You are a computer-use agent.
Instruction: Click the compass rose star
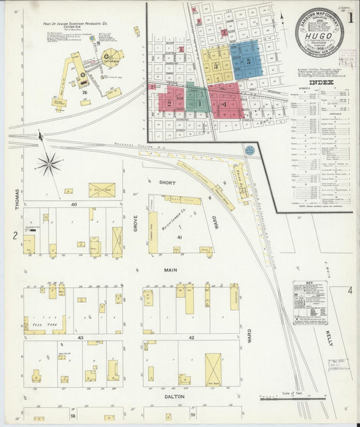[x=49, y=162]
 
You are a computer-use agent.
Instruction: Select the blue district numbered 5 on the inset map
[x=247, y=59]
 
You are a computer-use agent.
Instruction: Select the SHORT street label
[x=168, y=182]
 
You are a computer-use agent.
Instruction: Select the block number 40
[x=74, y=203]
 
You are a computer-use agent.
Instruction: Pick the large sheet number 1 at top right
[x=350, y=18]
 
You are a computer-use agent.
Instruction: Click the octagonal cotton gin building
[x=110, y=56]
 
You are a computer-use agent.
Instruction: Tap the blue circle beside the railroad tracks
[x=250, y=151]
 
